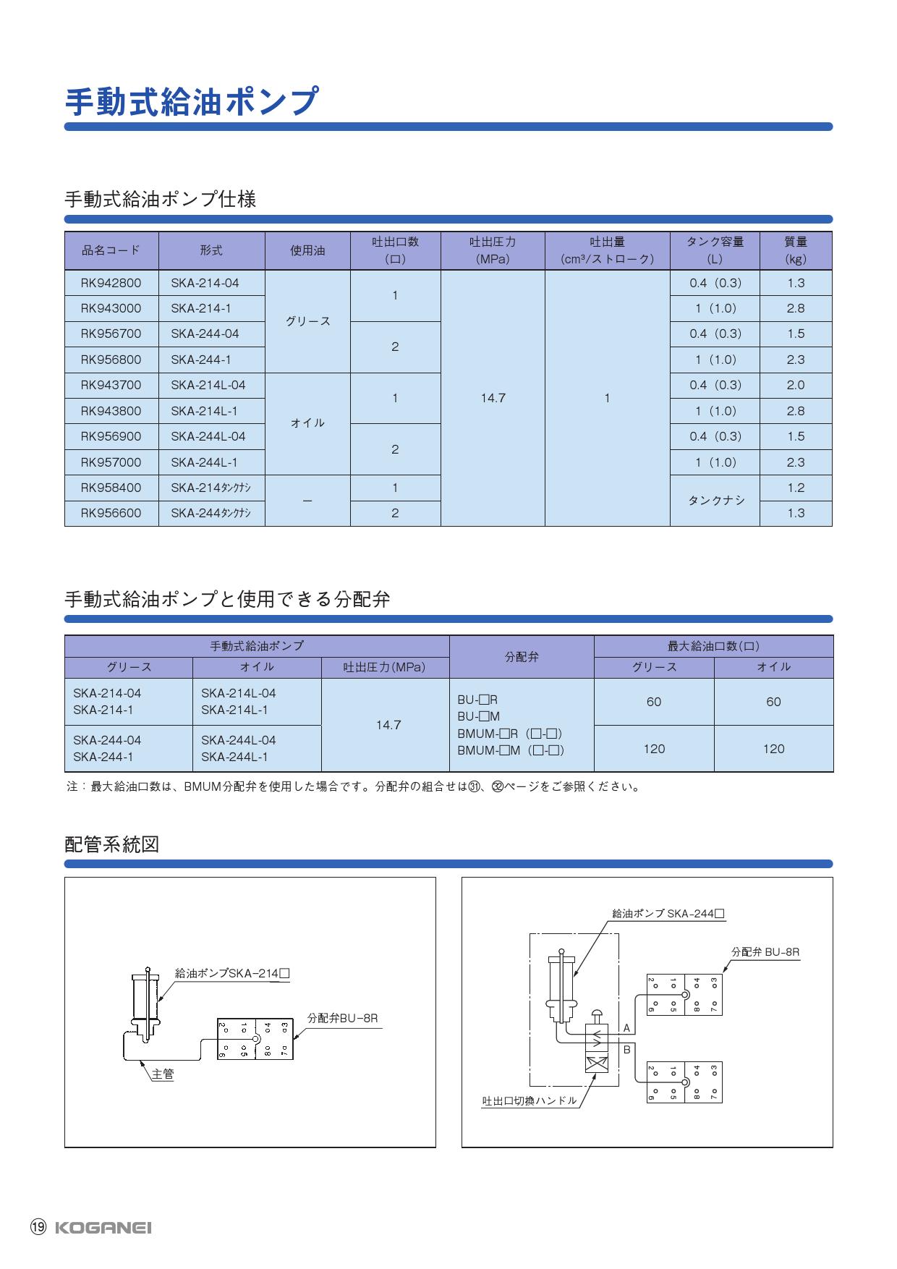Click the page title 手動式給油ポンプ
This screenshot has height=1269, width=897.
click(192, 102)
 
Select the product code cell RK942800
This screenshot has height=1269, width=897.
click(111, 283)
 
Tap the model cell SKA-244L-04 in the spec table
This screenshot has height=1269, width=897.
click(208, 436)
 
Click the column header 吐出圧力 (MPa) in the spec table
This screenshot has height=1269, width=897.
click(493, 250)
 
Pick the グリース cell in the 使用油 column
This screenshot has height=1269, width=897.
click(307, 321)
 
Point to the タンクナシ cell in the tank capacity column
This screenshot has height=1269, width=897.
click(715, 500)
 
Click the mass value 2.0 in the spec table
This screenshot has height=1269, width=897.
click(795, 385)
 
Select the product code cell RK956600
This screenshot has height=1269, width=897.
click(111, 513)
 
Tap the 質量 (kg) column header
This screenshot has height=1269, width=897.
click(795, 250)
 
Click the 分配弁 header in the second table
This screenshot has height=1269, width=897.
click(522, 657)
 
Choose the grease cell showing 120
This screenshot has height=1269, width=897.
click(654, 749)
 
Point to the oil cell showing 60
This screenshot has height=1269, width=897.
click(773, 702)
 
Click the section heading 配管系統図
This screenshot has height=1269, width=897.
click(111, 844)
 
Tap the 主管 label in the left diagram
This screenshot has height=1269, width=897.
click(163, 1074)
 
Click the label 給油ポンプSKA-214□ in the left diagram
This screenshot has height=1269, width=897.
click(232, 974)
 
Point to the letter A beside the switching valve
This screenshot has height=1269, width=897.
click(626, 1028)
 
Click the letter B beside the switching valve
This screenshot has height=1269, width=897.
click(626, 1049)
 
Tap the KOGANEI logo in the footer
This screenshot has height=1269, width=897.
click(103, 1228)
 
